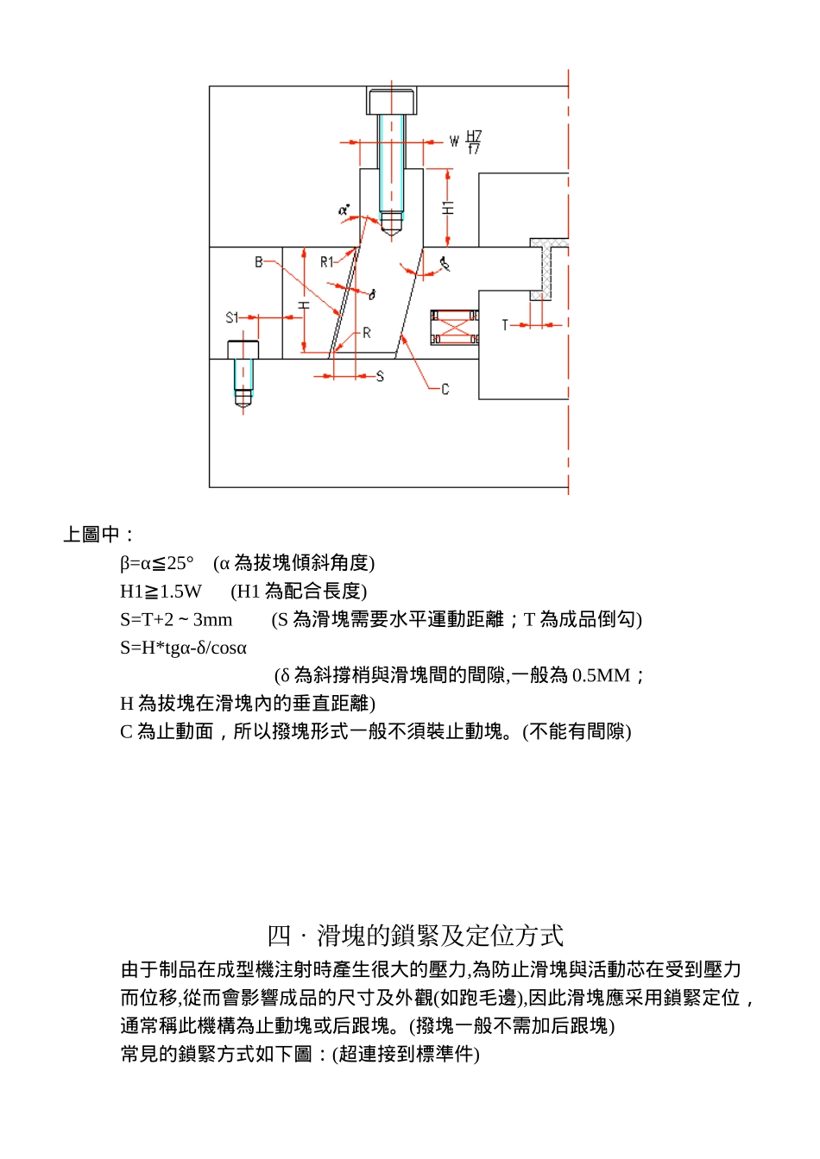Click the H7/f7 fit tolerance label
(474, 142)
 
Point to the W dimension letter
(454, 141)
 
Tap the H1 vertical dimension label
(447, 208)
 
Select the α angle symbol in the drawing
(344, 210)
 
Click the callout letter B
(258, 261)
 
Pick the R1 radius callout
(327, 261)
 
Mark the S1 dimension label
(231, 317)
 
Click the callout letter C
(445, 389)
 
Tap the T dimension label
(505, 325)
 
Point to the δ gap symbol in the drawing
(372, 295)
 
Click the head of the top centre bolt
(392, 101)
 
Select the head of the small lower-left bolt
(243, 349)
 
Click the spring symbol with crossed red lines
(455, 327)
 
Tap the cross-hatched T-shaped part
(549, 267)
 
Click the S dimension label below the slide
(380, 376)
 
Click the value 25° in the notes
(180, 563)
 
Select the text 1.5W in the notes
(180, 592)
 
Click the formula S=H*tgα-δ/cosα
(183, 648)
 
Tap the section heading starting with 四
(415, 935)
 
